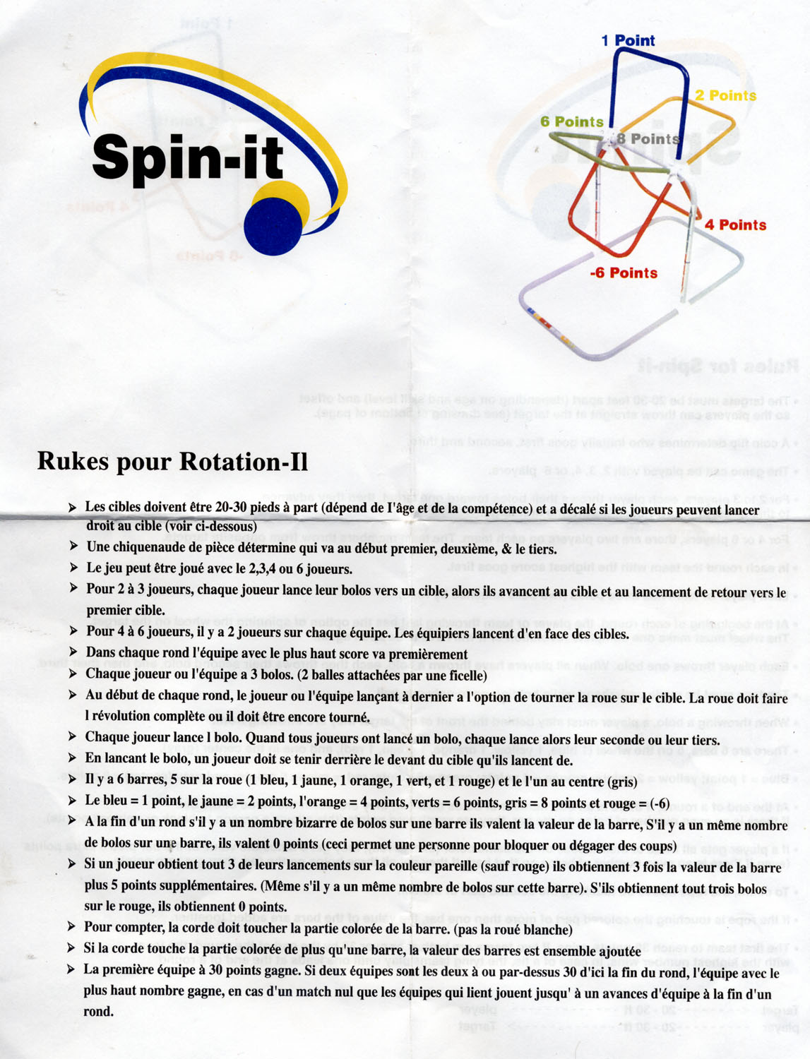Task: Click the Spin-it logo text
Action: pos(188,157)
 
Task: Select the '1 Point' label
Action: pos(628,41)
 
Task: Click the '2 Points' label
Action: pos(725,95)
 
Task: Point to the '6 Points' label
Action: pos(571,121)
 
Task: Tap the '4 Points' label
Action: pos(735,225)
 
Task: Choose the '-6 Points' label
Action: pos(624,273)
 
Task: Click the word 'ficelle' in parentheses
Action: pos(461,676)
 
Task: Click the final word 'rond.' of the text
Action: pos(98,1011)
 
